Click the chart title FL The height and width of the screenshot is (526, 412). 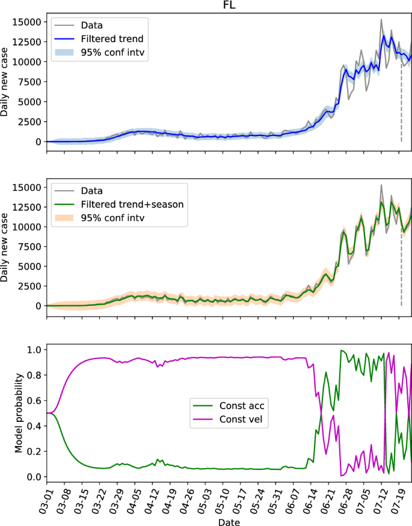(229, 5)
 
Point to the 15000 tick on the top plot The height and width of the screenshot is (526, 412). (28, 22)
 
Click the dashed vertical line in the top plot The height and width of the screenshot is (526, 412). (401, 102)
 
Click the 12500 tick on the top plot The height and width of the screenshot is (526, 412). (28, 42)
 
